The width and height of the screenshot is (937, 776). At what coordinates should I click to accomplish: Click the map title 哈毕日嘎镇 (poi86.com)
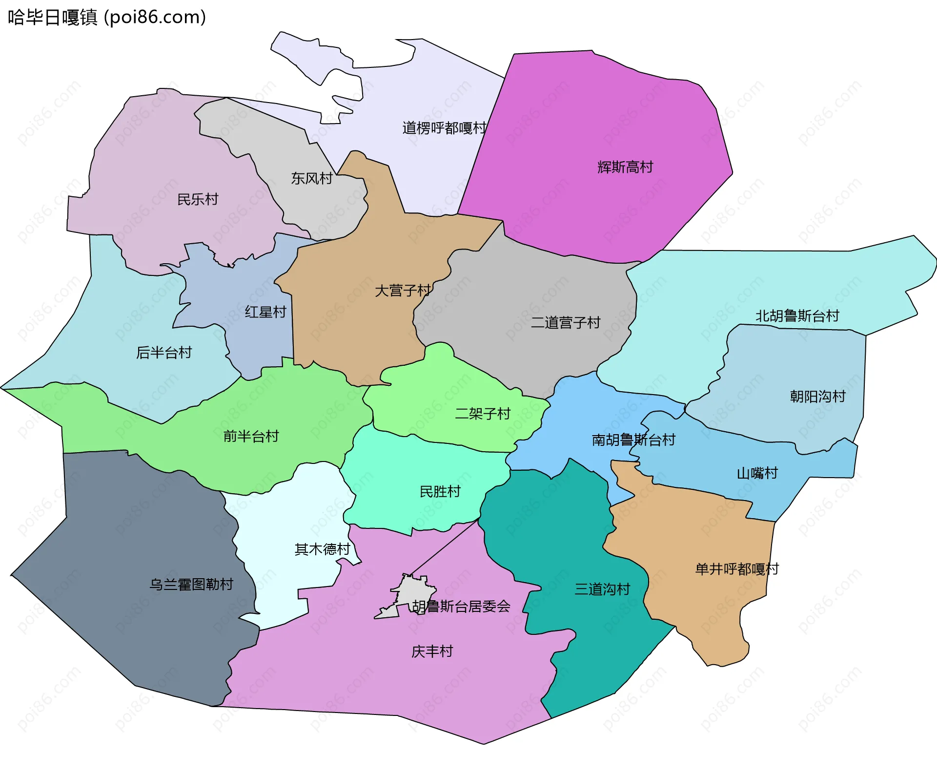[107, 18]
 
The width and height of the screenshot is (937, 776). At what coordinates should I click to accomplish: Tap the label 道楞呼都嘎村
[444, 128]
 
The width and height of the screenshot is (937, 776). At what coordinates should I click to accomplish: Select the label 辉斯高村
[625, 167]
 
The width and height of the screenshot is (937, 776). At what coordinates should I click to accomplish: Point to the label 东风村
[311, 178]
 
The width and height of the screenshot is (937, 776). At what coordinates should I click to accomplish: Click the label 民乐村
[198, 199]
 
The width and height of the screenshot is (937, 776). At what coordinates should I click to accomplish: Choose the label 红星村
[265, 312]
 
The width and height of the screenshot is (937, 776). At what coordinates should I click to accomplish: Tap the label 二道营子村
[566, 322]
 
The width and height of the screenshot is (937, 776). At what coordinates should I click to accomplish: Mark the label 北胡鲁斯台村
[797, 316]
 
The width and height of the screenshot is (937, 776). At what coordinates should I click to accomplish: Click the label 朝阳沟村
[817, 396]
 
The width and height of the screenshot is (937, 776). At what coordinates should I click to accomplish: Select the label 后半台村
[164, 352]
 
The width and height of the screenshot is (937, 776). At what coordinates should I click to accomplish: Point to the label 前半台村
[251, 436]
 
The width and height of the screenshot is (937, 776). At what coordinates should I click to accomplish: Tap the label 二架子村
[483, 414]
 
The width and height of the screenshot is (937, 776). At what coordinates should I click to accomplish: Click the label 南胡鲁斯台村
[633, 440]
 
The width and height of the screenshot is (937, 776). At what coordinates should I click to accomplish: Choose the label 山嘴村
[757, 473]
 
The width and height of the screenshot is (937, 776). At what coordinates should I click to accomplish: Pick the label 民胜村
[440, 491]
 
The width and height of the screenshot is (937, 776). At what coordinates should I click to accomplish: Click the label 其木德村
[323, 549]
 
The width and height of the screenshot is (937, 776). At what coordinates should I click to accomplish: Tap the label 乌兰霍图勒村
[191, 584]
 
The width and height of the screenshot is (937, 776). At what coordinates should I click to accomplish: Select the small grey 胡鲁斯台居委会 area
[407, 593]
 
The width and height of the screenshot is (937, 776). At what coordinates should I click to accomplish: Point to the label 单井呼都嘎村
[737, 569]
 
